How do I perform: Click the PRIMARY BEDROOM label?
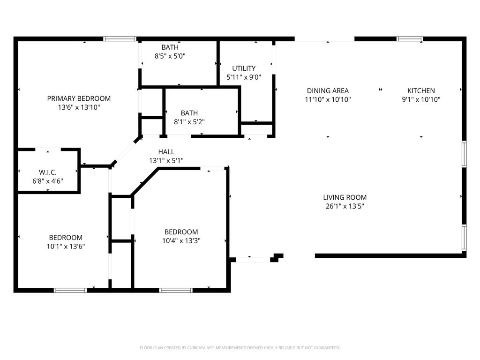pyautogui.click(x=79, y=98)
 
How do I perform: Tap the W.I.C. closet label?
pyautogui.click(x=48, y=172)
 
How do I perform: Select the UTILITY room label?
pyautogui.click(x=244, y=68)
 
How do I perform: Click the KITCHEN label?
pyautogui.click(x=421, y=91)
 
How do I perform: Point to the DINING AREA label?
pyautogui.click(x=328, y=91)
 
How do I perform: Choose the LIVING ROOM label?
pyautogui.click(x=345, y=197)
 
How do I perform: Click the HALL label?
pyautogui.click(x=166, y=152)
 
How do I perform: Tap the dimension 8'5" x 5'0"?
pyautogui.click(x=170, y=56)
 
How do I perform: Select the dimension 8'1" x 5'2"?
pyautogui.click(x=189, y=122)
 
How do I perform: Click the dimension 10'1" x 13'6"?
pyautogui.click(x=66, y=246)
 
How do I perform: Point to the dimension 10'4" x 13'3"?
pyautogui.click(x=181, y=240)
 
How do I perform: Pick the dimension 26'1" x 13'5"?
pyautogui.click(x=345, y=206)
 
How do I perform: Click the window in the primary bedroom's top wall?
pyautogui.click(x=120, y=39)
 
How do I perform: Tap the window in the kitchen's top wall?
pyautogui.click(x=410, y=39)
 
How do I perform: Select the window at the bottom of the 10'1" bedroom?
pyautogui.click(x=70, y=290)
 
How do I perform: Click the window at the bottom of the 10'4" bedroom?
pyautogui.click(x=176, y=290)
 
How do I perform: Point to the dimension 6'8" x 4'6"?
pyautogui.click(x=48, y=181)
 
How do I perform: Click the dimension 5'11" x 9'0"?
pyautogui.click(x=244, y=77)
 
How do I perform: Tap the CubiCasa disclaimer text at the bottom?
pyautogui.click(x=240, y=348)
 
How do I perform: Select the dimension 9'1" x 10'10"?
pyautogui.click(x=421, y=99)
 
